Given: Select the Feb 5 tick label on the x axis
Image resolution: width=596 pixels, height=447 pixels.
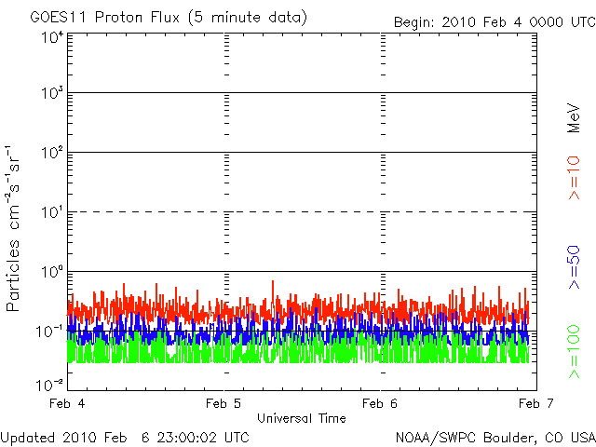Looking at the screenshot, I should click(224, 403).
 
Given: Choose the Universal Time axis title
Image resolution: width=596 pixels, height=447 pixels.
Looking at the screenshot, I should click(302, 418).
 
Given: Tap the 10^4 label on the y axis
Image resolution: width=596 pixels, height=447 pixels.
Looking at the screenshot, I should click(52, 37).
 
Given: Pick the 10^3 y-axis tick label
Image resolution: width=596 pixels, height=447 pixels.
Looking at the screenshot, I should click(52, 95).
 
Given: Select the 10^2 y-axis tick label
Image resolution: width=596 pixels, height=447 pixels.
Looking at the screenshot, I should click(52, 154).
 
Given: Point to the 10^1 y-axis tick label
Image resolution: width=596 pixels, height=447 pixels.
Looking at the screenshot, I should click(52, 213).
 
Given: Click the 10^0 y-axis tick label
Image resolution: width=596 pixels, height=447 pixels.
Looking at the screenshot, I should click(52, 273).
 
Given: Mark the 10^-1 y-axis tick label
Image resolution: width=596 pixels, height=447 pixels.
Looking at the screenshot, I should click(50, 332).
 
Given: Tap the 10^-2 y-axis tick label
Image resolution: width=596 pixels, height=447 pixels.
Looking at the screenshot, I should click(50, 384).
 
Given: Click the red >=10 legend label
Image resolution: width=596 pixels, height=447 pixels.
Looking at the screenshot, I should click(575, 176).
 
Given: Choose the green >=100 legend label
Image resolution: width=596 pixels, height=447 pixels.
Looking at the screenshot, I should click(575, 354).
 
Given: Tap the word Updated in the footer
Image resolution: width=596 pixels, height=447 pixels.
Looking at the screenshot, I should click(30, 437).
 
